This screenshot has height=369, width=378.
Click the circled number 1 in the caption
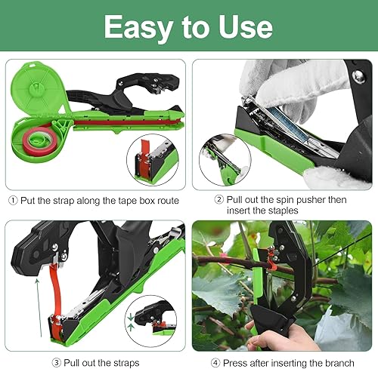[12, 201]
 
